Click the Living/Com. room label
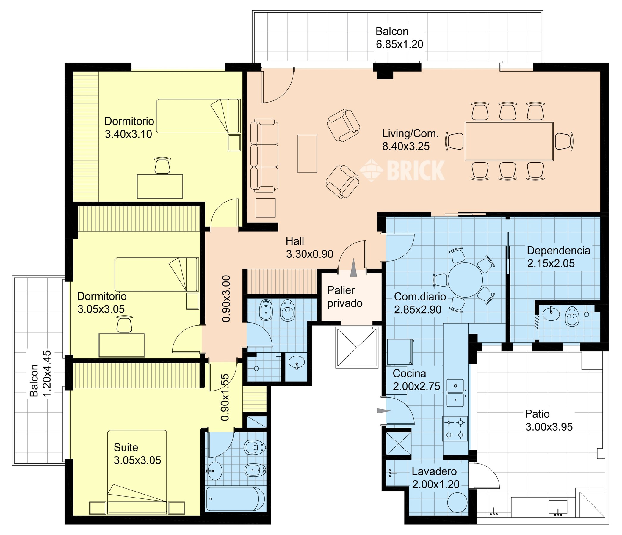pyautogui.click(x=410, y=133)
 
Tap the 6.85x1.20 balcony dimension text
pyautogui.click(x=399, y=44)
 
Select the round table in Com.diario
pyautogui.click(x=465, y=280)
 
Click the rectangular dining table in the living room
pyautogui.click(x=509, y=141)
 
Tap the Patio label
pyautogui.click(x=537, y=414)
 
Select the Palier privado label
pyautogui.click(x=345, y=297)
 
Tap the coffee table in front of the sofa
pyautogui.click(x=307, y=154)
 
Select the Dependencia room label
pyautogui.click(x=559, y=250)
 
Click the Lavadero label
pyautogui.click(x=434, y=471)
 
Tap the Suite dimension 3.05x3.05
pyautogui.click(x=137, y=460)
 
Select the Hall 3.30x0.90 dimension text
pyautogui.click(x=309, y=254)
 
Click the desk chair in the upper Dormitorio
pyautogui.click(x=162, y=165)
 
